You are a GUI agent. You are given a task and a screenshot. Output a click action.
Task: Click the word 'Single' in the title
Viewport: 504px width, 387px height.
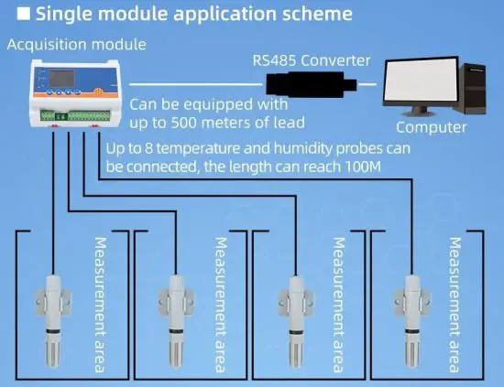coord(64,15)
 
